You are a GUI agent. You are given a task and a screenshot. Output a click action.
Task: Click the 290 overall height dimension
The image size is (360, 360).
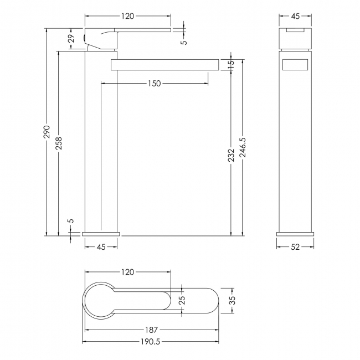47,132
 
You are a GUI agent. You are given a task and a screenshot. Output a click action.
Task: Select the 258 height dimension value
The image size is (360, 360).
59,143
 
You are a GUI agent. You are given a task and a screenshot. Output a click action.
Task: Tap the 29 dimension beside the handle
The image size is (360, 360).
71,38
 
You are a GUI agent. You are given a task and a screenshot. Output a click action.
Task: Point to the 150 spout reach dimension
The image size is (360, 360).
155,83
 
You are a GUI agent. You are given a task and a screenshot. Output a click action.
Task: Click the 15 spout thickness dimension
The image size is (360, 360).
232,63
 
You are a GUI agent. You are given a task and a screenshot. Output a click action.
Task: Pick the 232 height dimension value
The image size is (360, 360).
232,155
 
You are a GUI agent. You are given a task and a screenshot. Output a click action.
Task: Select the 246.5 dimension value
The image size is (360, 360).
243,147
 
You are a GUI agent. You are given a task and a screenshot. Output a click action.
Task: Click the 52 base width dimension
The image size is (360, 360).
295,247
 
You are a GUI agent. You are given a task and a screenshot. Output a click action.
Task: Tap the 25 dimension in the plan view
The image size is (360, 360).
182,300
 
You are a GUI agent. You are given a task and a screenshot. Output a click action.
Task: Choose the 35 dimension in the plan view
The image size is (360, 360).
233,300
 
